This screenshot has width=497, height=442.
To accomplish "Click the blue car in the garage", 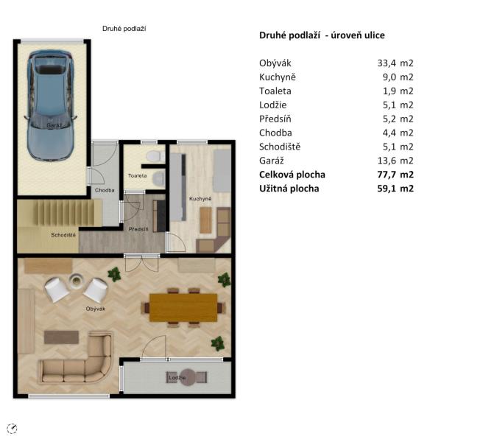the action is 51,105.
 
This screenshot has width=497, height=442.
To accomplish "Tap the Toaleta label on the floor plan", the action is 137,175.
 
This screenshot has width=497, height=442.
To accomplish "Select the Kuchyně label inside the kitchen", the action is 200,199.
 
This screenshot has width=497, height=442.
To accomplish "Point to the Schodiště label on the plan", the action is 63,235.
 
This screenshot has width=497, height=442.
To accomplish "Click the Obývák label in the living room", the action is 96,309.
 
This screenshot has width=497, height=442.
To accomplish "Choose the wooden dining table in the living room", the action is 183,308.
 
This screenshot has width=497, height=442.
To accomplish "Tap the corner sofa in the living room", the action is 76,358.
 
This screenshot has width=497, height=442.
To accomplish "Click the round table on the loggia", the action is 188,377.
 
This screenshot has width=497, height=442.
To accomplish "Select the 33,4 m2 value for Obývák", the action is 395,63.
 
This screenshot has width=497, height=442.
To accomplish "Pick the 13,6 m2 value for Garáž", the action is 395,161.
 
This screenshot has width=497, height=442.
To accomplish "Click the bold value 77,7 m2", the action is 395,175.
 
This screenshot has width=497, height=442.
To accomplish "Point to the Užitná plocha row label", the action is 289,189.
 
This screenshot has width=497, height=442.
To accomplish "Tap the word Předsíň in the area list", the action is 275,119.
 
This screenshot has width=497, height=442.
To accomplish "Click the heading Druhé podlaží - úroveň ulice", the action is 322,35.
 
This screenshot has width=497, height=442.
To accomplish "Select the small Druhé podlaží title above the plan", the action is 124,29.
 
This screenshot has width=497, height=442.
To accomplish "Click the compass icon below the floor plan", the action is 12,429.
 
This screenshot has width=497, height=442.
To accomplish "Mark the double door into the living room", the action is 141,263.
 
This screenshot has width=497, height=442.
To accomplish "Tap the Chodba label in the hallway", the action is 105,190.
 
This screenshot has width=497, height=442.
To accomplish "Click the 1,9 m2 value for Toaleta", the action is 398,91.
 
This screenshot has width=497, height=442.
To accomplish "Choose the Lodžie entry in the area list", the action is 272,105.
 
